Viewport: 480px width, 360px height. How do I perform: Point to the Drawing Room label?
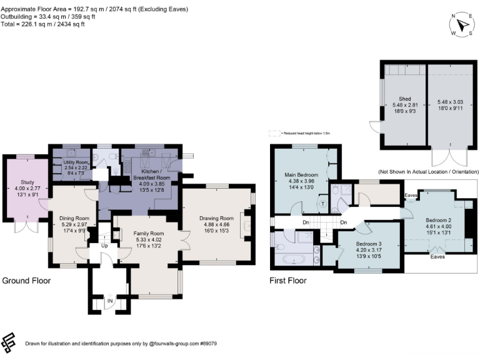point(216,218)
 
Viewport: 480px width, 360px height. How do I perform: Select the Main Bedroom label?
point(302,174)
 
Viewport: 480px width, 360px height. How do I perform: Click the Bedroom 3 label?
point(354,244)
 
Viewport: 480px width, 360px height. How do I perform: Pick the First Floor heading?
point(288,281)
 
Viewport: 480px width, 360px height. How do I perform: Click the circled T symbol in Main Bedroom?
point(322,204)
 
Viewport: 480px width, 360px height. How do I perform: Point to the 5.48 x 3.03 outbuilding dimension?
point(451,102)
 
